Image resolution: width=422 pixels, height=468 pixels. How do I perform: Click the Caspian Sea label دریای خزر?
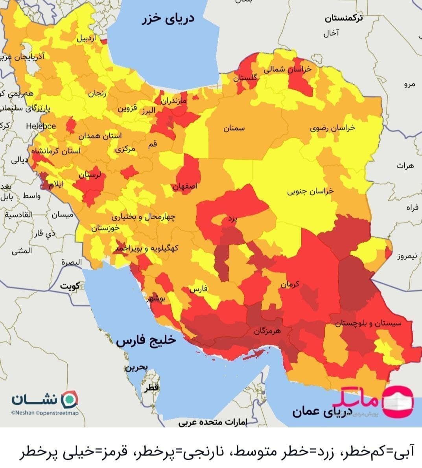tap(168, 20)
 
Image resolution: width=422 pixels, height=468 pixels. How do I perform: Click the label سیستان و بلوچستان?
tap(368, 323)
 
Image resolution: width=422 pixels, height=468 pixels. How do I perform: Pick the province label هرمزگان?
tap(267, 331)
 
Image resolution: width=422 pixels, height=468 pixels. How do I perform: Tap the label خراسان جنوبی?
tap(310, 191)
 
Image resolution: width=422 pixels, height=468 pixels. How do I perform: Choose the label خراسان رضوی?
tap(332, 128)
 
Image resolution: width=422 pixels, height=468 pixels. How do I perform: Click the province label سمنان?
tap(234, 128)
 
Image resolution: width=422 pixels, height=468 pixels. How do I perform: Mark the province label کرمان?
tap(290, 284)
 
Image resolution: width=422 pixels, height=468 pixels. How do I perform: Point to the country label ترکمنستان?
tap(344, 18)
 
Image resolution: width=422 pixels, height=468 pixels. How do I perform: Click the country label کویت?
tap(70, 286)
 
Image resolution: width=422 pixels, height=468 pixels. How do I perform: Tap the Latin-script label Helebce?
tap(41, 126)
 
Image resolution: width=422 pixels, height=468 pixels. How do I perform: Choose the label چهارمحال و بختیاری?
tap(144, 217)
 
